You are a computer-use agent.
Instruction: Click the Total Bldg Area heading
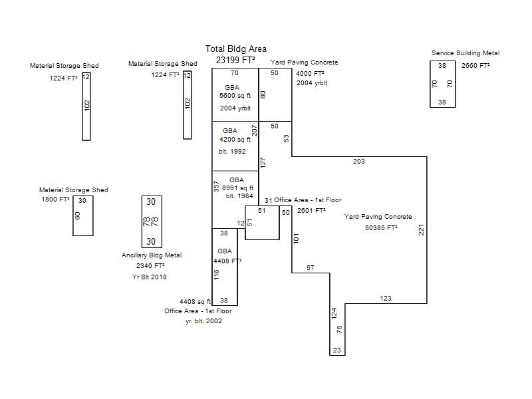[236, 49]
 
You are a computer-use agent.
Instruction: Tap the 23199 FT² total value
[235, 60]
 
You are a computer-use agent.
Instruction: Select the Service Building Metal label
[465, 53]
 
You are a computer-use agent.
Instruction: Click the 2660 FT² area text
[475, 65]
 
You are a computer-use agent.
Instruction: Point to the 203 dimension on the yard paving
[358, 162]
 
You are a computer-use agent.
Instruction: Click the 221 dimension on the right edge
[421, 229]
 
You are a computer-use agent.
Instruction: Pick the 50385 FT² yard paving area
[381, 227]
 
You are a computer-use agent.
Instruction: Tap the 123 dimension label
[386, 298]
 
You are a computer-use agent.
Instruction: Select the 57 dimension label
[310, 268]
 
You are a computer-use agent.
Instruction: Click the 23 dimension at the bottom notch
[337, 350]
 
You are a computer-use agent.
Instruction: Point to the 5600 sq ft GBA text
[235, 96]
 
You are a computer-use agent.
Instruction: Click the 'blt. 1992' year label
[232, 152]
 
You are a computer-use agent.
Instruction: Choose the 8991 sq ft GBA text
[237, 188]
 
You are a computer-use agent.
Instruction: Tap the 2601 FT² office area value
[311, 211]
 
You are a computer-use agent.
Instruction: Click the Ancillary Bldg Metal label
[152, 255]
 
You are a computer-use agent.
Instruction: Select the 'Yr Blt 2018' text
[149, 277]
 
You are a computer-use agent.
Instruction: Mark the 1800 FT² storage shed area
[55, 199]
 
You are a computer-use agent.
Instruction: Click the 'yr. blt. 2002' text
[203, 321]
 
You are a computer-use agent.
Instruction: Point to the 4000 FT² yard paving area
[310, 74]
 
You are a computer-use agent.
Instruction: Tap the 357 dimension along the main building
[216, 187]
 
